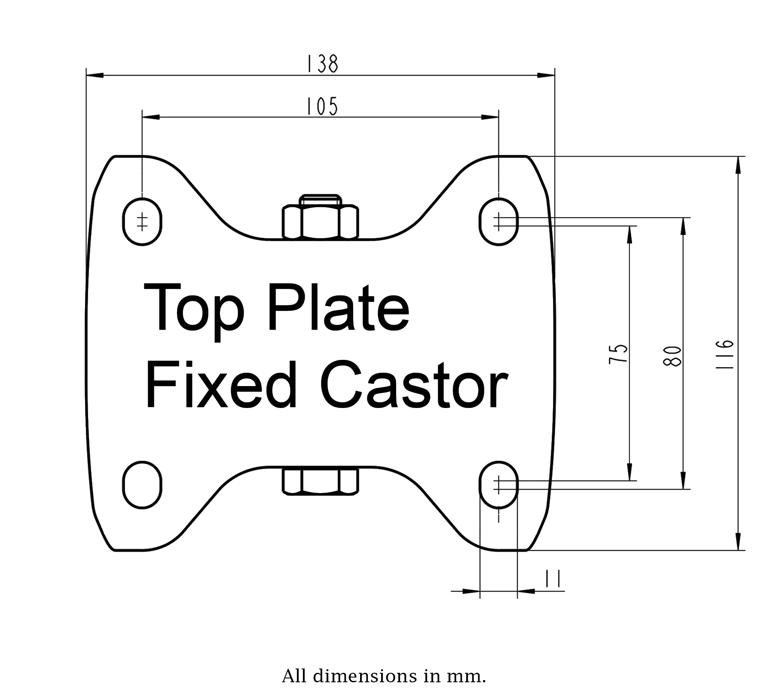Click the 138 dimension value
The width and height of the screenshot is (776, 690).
(322, 64)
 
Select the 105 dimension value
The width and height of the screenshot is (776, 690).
(322, 106)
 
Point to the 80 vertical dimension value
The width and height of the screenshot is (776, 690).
(672, 356)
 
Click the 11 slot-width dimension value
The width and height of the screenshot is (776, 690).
(553, 579)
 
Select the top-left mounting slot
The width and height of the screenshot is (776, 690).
(142, 222)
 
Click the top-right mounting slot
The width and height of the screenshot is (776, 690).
(498, 222)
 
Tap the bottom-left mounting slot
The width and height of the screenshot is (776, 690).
(142, 485)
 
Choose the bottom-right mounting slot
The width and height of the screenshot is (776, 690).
(498, 485)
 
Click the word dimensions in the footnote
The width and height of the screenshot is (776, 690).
(365, 676)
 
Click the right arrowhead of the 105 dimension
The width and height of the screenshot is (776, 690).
(490, 117)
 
